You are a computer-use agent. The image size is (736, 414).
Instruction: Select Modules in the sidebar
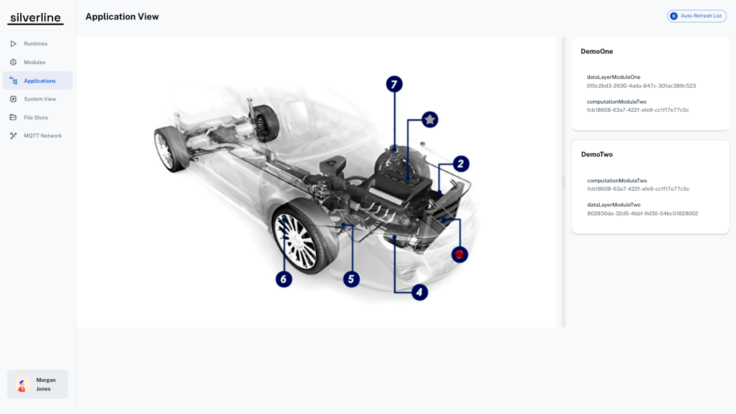(35, 62)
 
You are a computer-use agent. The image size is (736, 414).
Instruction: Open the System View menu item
(40, 99)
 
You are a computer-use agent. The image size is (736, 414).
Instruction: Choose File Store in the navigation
(36, 118)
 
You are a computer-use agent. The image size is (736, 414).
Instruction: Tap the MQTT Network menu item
(43, 136)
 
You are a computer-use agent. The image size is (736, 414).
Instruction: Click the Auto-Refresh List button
(697, 16)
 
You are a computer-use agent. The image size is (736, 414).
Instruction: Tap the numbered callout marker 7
(394, 84)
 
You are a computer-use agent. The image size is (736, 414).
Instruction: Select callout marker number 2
(461, 164)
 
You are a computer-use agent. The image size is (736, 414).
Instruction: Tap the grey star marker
(430, 119)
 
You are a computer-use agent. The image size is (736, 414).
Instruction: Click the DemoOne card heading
(597, 51)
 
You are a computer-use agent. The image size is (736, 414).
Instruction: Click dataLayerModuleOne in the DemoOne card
(613, 77)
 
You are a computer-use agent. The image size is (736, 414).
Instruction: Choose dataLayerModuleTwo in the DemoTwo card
(614, 205)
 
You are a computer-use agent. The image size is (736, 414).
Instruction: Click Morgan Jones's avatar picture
(22, 384)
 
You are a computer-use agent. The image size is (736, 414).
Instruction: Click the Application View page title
(122, 17)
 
